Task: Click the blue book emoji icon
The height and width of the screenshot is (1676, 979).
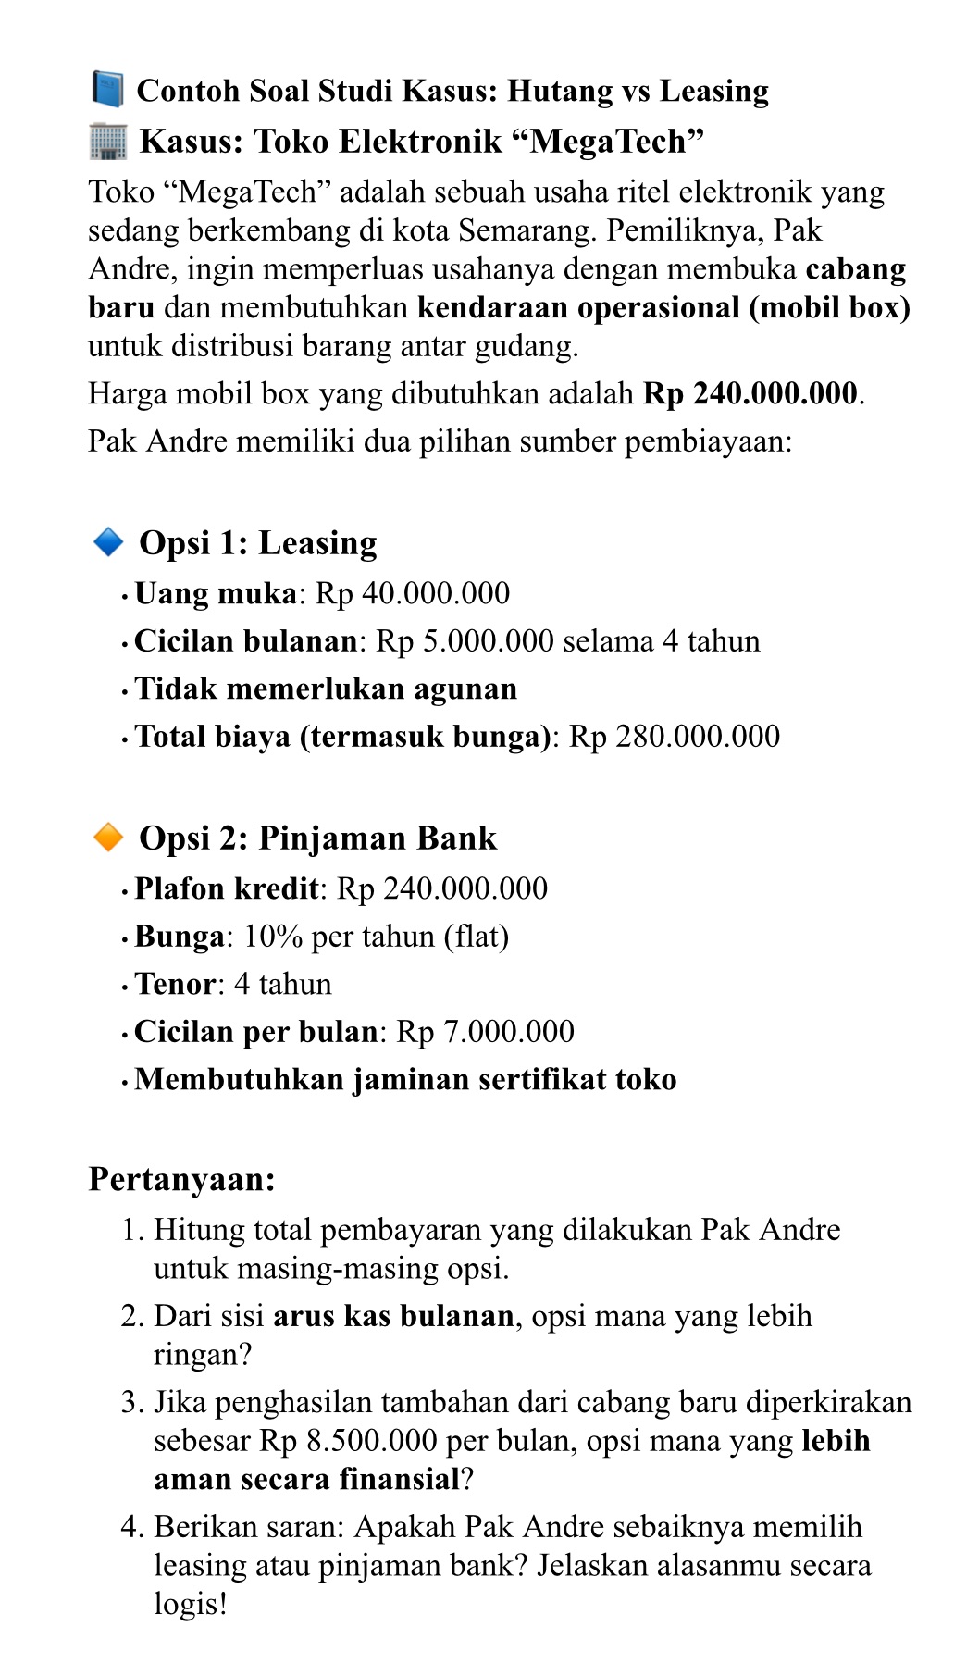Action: [107, 90]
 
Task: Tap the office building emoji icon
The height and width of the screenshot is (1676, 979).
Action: [107, 142]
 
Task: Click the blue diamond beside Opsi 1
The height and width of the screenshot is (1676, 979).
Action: [108, 542]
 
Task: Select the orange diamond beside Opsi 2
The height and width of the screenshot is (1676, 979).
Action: [108, 838]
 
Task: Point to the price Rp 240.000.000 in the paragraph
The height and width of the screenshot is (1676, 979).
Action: [750, 394]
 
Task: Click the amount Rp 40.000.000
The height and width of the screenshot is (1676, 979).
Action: [413, 594]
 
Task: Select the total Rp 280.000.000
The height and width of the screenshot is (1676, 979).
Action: [674, 737]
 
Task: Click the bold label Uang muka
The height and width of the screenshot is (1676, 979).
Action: [216, 594]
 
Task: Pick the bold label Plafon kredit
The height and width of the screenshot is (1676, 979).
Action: [227, 889]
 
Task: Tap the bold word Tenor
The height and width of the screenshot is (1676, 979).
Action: [175, 984]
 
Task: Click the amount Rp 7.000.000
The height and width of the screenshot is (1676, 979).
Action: [485, 1032]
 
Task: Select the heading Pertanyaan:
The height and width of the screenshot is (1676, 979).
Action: [182, 1180]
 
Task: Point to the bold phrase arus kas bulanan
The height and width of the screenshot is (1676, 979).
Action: [393, 1316]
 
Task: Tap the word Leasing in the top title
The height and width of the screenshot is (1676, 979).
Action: [714, 91]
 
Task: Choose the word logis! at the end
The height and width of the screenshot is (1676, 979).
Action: [191, 1604]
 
